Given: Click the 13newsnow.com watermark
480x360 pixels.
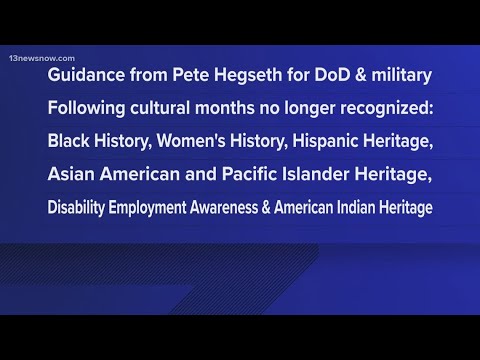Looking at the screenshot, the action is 42,58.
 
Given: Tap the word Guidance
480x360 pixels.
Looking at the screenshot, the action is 86,75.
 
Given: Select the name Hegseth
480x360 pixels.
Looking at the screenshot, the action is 248,75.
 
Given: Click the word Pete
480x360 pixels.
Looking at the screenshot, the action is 190,75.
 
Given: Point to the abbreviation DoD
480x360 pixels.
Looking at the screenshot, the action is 332,75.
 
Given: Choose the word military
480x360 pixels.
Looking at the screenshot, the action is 402,75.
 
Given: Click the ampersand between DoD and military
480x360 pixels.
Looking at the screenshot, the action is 361,75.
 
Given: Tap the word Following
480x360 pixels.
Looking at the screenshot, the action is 86,109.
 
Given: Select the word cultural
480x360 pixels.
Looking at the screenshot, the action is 160,108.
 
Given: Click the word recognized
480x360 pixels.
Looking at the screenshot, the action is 387,109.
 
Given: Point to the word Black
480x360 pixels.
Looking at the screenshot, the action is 68,141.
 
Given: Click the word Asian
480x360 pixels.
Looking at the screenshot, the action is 71,174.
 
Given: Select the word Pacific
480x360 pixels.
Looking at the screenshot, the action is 249,174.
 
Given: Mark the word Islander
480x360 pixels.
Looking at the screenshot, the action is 315,174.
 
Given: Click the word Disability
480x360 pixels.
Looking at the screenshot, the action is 76,208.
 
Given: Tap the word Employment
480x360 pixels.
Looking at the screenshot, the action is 147,208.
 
